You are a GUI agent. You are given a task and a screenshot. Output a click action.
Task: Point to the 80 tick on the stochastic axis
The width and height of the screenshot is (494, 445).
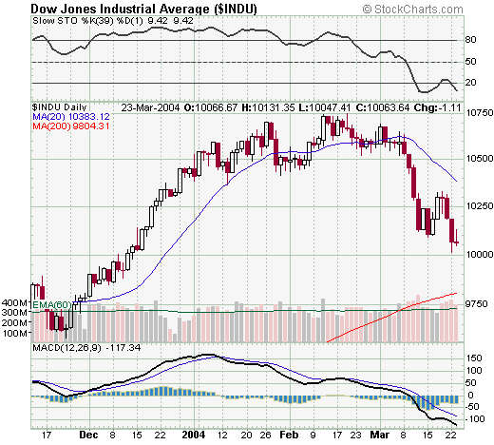(469, 40)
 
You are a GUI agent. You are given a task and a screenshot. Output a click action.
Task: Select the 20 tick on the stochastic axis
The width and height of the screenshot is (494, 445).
(469, 84)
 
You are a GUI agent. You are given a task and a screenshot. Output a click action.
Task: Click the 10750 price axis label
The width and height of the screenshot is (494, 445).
(477, 111)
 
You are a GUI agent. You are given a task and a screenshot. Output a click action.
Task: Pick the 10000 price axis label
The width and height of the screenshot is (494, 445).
(477, 254)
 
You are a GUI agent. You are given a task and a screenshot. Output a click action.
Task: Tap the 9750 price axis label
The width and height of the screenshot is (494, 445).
(477, 301)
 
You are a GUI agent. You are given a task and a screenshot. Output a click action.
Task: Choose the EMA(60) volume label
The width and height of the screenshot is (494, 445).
(49, 304)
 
